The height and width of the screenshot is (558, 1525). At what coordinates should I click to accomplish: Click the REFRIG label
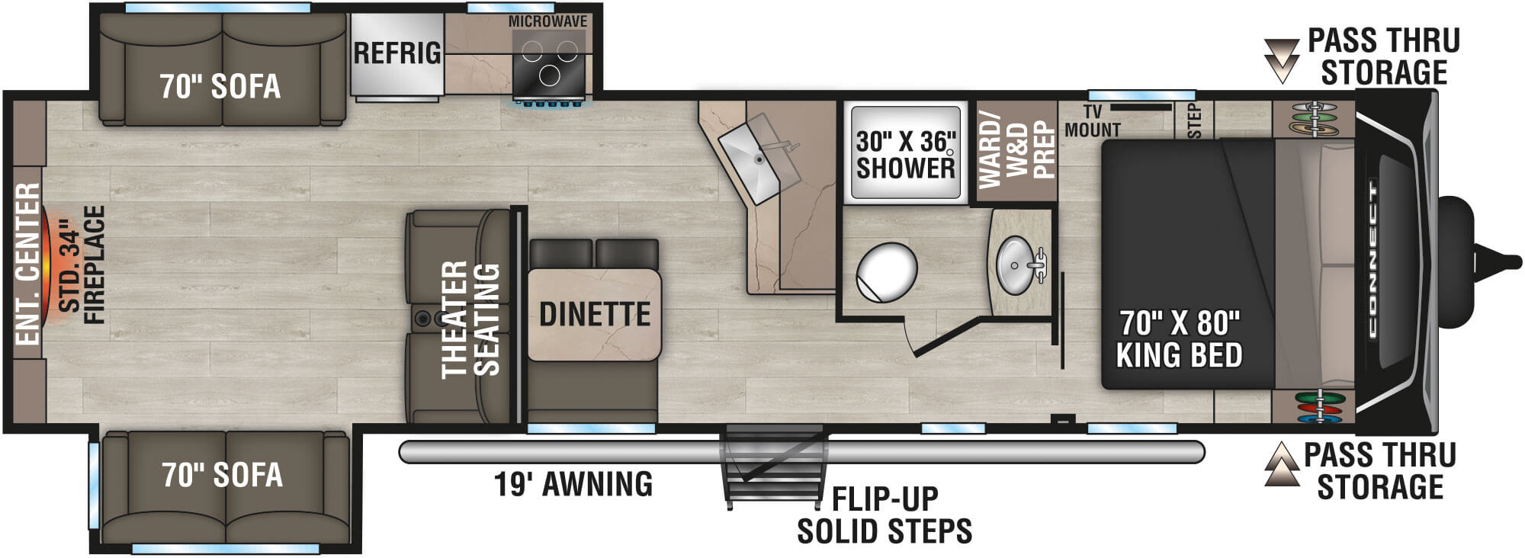click(396, 53)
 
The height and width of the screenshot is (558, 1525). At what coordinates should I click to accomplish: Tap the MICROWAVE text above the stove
click(547, 21)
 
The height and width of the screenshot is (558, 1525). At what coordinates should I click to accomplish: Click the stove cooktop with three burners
click(549, 66)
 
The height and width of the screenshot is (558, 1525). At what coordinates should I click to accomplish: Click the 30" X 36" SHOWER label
click(905, 155)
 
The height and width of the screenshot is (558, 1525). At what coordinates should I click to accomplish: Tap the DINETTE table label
click(595, 314)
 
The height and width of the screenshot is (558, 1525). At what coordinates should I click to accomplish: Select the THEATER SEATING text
click(470, 319)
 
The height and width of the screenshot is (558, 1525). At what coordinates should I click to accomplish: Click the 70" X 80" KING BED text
click(1179, 339)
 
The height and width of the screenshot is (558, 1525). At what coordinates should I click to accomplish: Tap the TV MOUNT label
click(1092, 122)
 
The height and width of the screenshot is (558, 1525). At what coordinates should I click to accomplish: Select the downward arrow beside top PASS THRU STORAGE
click(1281, 59)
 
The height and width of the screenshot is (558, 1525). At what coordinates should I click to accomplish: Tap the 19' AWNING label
click(573, 484)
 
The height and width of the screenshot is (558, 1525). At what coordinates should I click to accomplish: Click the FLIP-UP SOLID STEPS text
click(884, 515)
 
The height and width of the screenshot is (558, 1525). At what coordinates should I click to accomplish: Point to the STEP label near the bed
click(1194, 120)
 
